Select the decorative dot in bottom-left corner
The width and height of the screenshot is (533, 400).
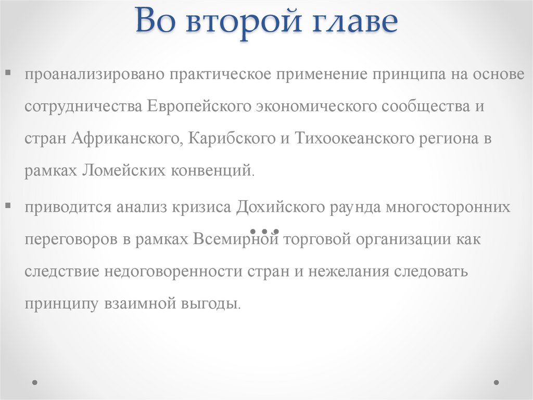pos(35,382)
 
